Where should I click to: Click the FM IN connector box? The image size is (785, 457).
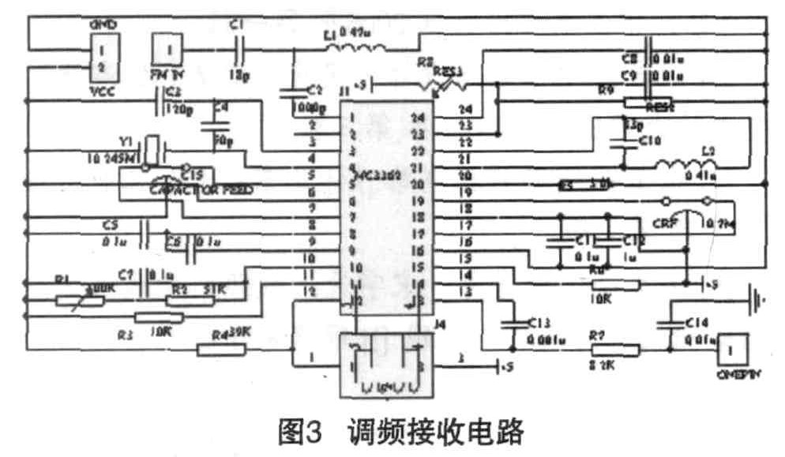170,48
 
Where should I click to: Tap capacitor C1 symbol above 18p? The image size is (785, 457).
238,49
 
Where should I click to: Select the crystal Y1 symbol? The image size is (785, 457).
152,148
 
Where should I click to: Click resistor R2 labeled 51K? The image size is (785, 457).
187,299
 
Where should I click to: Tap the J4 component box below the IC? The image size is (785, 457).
388,364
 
